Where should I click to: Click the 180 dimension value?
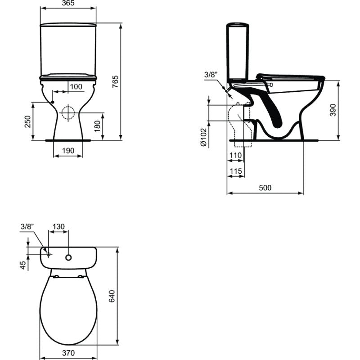[97, 126]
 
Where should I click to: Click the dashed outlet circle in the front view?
[68, 112]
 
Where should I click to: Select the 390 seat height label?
[333, 110]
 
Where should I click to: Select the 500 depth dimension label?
[265, 188]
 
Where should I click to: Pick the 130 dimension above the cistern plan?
[59, 226]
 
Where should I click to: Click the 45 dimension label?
[23, 266]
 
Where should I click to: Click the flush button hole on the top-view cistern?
[69, 258]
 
